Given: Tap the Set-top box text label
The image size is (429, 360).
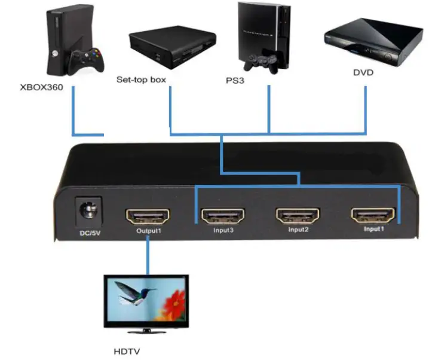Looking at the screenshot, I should [140, 79].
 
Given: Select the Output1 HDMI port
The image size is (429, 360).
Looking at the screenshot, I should [147, 215].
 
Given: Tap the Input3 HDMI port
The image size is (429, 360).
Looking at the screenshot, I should [222, 215].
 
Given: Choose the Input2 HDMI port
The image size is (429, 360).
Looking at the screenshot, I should [297, 215].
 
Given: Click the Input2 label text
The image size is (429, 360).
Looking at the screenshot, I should [298, 230].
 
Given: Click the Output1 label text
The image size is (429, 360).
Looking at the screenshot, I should [148, 231].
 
